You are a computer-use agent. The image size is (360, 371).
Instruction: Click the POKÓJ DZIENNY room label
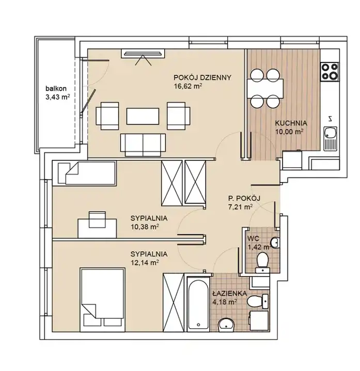click(x=202, y=77)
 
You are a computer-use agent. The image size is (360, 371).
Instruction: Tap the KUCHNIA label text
click(x=291, y=123)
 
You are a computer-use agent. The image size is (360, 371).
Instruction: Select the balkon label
click(x=56, y=89)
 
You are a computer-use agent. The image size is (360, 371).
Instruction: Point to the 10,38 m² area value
click(x=145, y=227)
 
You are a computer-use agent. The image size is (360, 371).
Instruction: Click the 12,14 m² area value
click(x=145, y=263)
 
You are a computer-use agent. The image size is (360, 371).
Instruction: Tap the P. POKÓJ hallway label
click(x=241, y=198)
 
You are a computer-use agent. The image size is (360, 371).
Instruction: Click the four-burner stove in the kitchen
click(x=330, y=71)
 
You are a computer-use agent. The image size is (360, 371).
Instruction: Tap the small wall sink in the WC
click(x=275, y=243)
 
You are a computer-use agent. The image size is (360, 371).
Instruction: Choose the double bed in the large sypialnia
click(x=102, y=300)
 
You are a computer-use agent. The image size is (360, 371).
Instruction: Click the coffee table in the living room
click(x=143, y=116)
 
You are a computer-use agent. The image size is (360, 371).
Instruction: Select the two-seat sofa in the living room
click(x=143, y=145)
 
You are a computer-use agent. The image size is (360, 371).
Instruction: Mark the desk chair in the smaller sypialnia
click(x=97, y=219)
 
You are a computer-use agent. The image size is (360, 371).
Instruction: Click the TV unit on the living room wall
click(x=143, y=53)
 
